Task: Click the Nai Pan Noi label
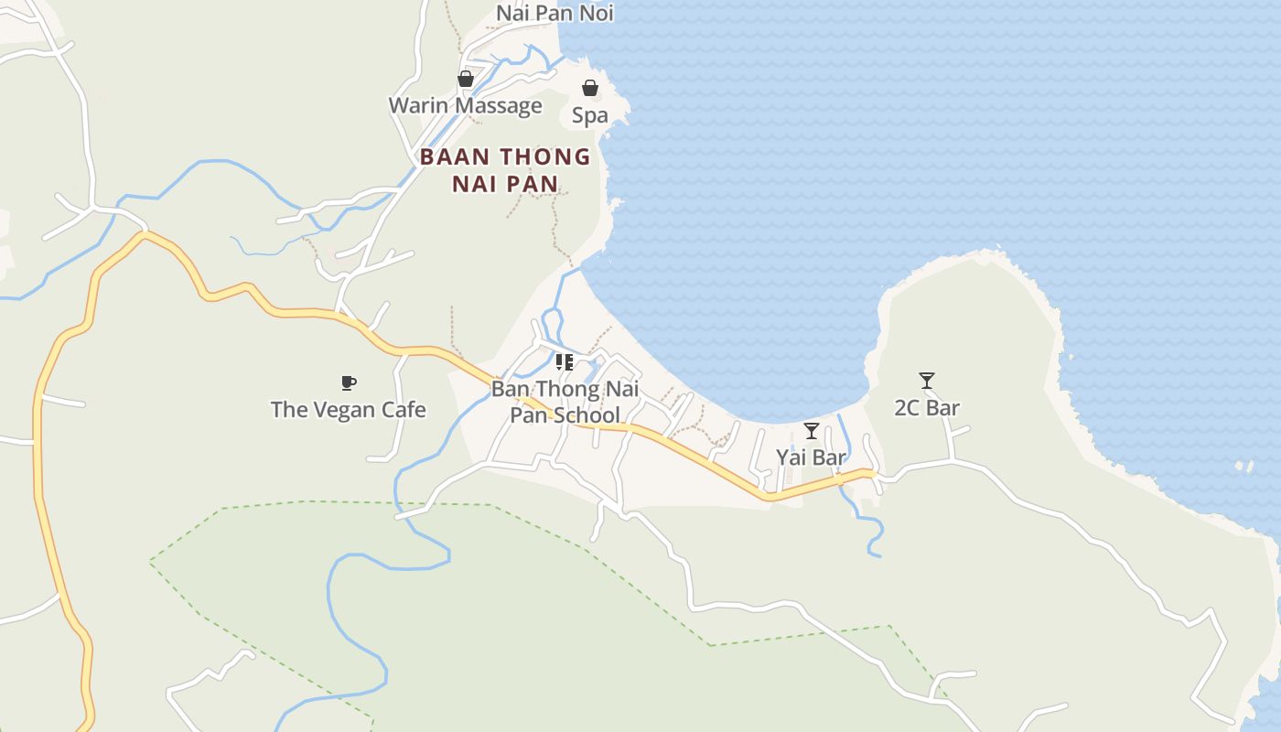point(554,13)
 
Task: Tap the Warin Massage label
point(465,105)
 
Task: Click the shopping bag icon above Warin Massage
point(466,79)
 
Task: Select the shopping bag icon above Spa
point(590,88)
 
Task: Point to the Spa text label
point(590,116)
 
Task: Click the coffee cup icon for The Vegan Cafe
point(348,382)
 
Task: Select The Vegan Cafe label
point(348,409)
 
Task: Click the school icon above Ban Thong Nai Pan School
point(565,362)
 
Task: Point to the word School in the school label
point(588,415)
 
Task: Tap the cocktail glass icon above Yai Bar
point(812,430)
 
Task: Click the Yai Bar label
point(812,457)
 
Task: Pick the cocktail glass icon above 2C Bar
point(927,380)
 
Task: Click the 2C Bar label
point(927,408)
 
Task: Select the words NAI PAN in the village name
point(505,183)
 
